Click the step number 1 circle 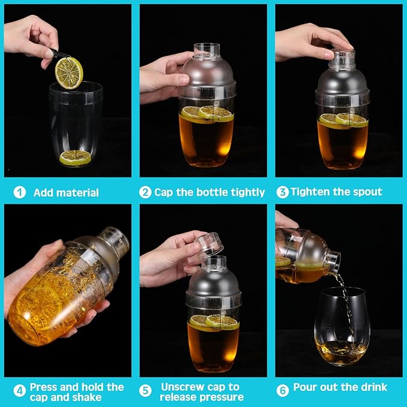click(20, 192)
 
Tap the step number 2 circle click(145, 192)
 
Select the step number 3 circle click(282, 192)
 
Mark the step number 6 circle click(282, 387)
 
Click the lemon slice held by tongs click(69, 71)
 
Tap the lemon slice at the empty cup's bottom click(76, 157)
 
